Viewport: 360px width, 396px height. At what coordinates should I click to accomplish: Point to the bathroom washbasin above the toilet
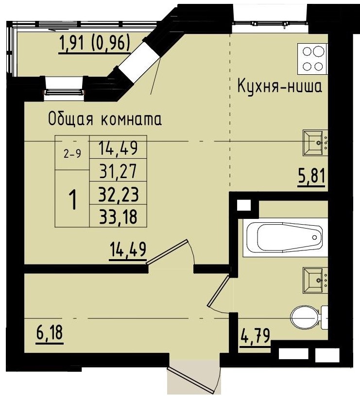(316, 280)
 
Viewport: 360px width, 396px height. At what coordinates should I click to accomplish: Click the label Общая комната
(104, 118)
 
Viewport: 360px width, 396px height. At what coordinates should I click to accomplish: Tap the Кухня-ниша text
(279, 87)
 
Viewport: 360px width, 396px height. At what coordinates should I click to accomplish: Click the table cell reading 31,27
(118, 171)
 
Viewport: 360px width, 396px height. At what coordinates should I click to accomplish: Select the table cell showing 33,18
(118, 216)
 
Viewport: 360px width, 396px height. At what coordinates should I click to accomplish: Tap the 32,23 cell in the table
(118, 194)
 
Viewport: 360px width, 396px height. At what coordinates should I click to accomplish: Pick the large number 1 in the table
(72, 199)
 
